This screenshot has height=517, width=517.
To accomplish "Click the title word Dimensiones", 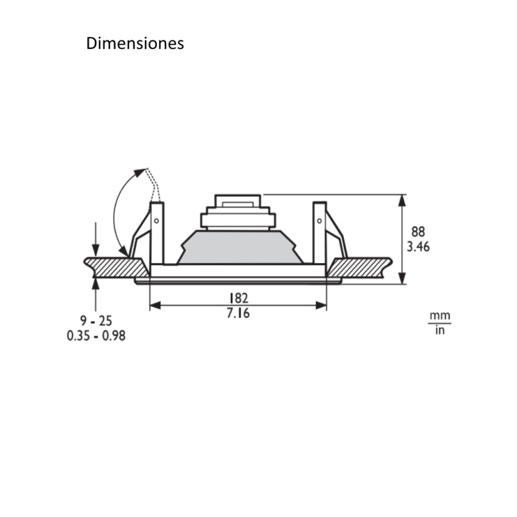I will tap(135, 43).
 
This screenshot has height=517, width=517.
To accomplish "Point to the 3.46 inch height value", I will tap(418, 246).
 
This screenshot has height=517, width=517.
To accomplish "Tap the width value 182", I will tap(238, 298).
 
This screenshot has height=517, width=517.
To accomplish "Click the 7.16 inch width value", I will tap(238, 313).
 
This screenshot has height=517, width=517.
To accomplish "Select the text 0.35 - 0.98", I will tap(96, 336).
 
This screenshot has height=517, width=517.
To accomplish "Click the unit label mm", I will tap(439, 316).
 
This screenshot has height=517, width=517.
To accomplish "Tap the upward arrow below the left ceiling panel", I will tap(96, 284).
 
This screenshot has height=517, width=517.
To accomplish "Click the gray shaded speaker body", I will tap(240, 248).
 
